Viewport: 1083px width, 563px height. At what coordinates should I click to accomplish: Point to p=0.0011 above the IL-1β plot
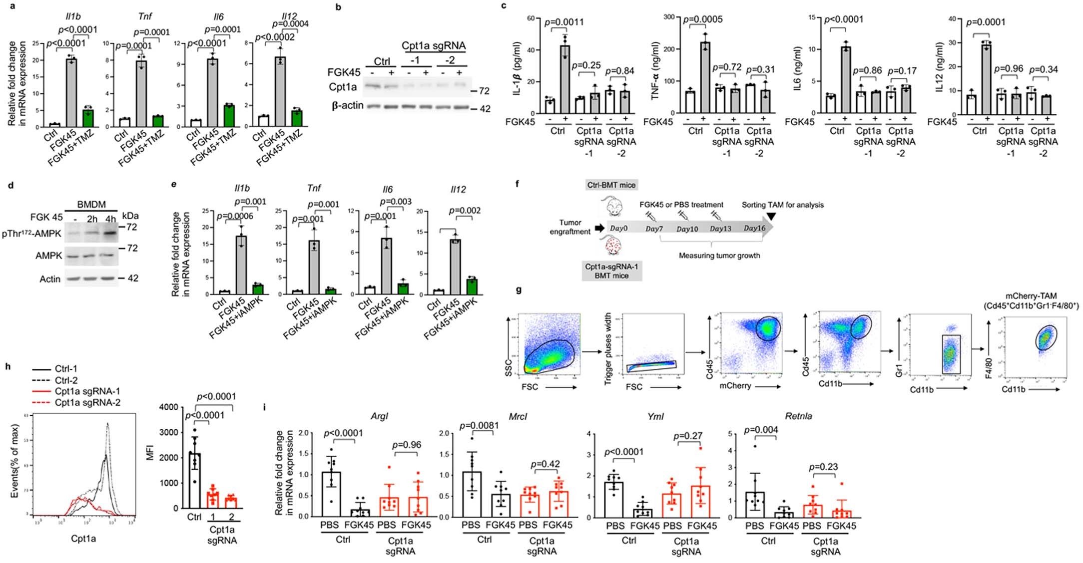(564, 22)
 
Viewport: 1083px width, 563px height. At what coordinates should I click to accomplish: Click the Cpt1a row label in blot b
(343, 87)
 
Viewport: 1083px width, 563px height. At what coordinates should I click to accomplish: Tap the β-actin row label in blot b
(346, 106)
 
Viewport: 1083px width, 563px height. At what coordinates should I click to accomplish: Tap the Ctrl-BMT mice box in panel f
(611, 185)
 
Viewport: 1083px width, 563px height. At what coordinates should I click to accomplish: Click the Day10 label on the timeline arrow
(687, 229)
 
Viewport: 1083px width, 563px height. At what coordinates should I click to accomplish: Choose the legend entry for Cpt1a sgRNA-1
(87, 391)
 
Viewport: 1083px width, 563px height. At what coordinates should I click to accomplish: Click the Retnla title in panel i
(798, 416)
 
